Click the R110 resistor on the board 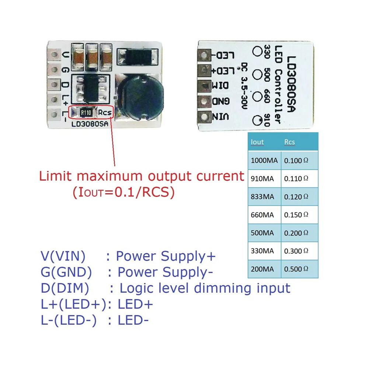pos(86,113)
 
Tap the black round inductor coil pos(139,97)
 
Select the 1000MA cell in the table pos(264,161)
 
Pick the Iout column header pos(257,142)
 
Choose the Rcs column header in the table pos(289,142)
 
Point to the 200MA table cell pos(263,269)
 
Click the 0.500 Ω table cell pos(296,269)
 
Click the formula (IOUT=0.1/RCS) pos(124,192)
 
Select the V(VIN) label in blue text pos(63,256)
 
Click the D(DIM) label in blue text pos(65,288)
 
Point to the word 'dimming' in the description pos(223,289)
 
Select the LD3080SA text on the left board pos(90,124)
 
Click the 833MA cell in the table pos(263,197)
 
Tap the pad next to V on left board pos(54,55)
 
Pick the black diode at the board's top pos(138,56)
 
